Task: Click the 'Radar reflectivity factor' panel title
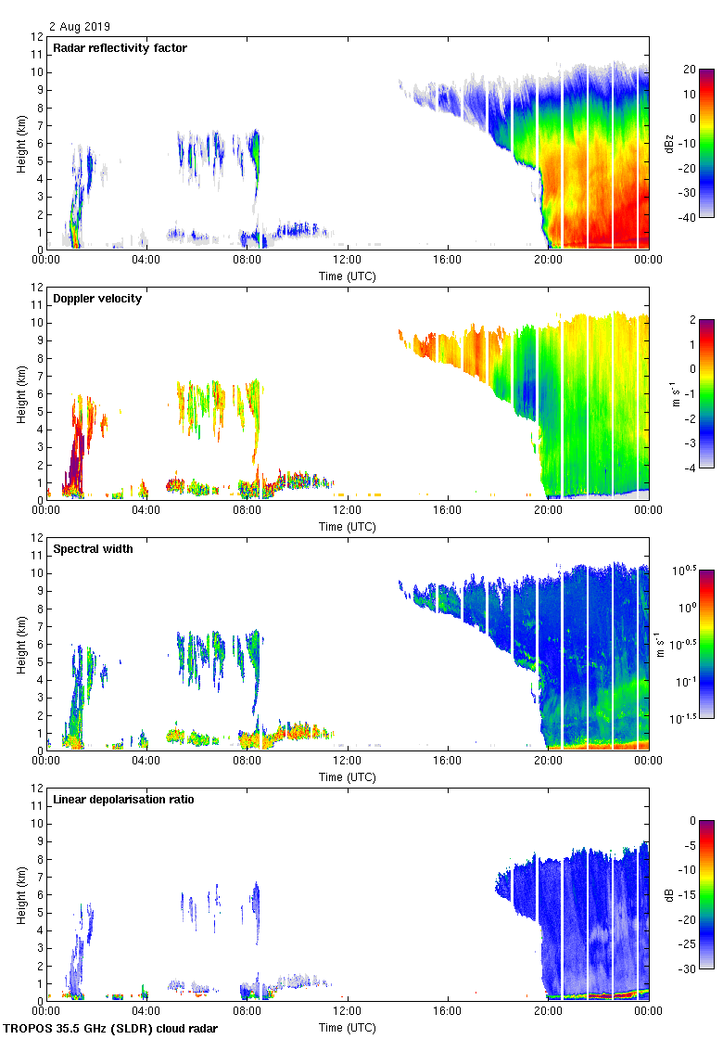(x=120, y=48)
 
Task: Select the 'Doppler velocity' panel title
(x=97, y=299)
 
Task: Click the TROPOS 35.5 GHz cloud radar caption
(x=112, y=1029)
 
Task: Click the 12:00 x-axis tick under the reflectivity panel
(x=347, y=259)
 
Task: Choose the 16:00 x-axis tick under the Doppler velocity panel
(x=447, y=509)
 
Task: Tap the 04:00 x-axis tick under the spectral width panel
(x=146, y=760)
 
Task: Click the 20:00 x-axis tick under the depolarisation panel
(x=547, y=1010)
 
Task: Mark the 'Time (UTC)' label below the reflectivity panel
(x=348, y=276)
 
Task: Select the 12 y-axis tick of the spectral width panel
(x=36, y=538)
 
